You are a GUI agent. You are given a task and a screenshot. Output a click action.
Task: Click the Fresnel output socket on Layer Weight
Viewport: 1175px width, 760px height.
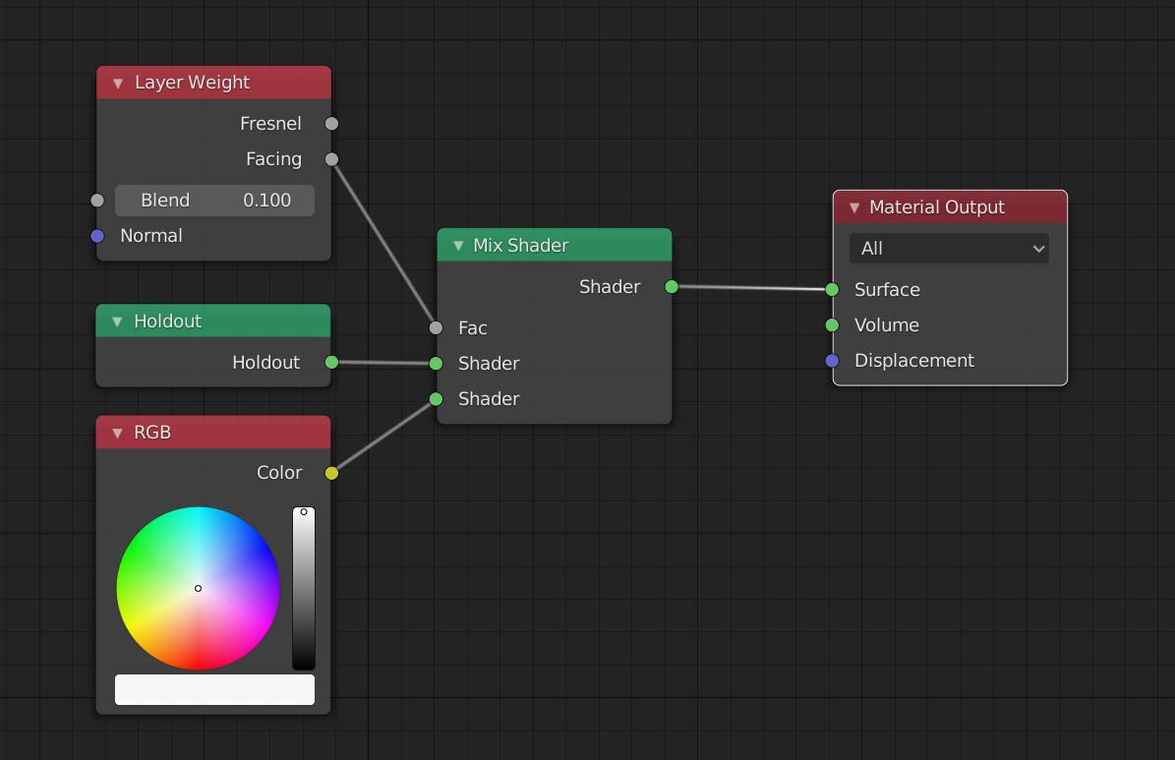pyautogui.click(x=331, y=124)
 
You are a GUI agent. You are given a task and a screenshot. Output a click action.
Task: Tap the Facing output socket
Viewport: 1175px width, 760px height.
pyautogui.click(x=331, y=159)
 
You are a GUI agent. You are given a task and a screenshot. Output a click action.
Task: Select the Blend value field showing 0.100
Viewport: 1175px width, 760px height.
pyautogui.click(x=215, y=201)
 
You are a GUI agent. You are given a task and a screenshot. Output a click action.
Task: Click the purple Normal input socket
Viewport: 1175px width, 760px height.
pyautogui.click(x=97, y=236)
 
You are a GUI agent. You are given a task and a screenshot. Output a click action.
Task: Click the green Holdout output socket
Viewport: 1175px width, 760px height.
pyautogui.click(x=331, y=363)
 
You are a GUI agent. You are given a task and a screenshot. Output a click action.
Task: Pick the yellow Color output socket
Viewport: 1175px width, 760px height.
pyautogui.click(x=331, y=473)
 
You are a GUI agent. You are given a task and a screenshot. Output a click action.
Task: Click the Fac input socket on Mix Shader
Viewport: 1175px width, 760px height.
pyautogui.click(x=437, y=328)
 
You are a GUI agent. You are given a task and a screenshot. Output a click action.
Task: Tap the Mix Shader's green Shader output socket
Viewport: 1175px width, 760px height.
pyautogui.click(x=672, y=287)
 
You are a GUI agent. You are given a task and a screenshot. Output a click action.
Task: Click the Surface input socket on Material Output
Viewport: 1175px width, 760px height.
pyautogui.click(x=832, y=290)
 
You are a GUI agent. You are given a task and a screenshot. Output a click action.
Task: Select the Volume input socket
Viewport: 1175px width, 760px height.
pyautogui.click(x=832, y=325)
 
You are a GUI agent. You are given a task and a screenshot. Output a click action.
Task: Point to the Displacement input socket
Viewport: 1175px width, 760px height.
pyautogui.click(x=832, y=361)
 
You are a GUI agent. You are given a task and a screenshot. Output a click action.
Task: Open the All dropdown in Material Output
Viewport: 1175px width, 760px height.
pyautogui.click(x=949, y=249)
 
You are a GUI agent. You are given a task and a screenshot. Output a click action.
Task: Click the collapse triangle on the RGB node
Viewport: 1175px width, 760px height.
pyautogui.click(x=117, y=433)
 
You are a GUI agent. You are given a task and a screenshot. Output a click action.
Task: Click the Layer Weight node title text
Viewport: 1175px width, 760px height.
pyautogui.click(x=192, y=83)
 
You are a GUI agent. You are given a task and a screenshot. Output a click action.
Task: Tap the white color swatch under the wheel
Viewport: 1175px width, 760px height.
pyautogui.click(x=215, y=689)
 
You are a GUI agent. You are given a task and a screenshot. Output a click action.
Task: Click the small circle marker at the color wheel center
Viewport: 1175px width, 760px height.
pyautogui.click(x=198, y=588)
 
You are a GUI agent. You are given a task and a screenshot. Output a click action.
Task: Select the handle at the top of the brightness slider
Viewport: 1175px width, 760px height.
pyautogui.click(x=304, y=511)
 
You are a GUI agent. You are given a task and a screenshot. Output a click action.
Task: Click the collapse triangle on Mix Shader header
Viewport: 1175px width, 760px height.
pyautogui.click(x=457, y=246)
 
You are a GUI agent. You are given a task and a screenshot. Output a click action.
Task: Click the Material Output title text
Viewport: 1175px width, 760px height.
pyautogui.click(x=937, y=207)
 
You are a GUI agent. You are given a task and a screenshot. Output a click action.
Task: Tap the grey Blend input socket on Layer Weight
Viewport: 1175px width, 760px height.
pyautogui.click(x=97, y=201)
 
